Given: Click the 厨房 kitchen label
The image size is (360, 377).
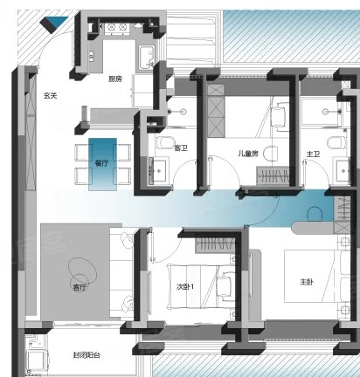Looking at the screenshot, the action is click(115, 79).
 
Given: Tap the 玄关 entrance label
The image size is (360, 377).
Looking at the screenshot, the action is click(51, 95).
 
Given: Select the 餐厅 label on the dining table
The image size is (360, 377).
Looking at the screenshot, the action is click(101, 163).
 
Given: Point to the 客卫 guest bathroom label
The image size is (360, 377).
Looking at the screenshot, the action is click(181, 148).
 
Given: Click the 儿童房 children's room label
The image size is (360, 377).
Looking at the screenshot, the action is click(248, 154).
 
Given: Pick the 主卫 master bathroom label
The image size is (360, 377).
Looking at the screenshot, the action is click(313, 154).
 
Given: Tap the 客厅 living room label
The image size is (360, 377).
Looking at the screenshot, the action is click(80, 288).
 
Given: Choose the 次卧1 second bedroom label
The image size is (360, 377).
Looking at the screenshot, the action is click(185, 287).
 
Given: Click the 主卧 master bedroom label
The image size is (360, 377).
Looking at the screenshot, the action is click(307, 282).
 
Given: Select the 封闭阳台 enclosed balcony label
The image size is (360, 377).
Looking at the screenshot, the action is click(87, 355).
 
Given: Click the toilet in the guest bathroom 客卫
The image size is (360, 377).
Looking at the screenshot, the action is click(164, 143).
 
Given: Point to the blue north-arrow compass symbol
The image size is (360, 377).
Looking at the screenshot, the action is click(54, 24).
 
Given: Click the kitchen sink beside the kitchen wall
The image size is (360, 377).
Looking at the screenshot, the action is click(145, 58).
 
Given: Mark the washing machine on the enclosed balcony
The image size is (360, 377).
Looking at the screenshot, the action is click(38, 360).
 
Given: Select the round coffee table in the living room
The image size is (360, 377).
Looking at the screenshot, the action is click(82, 272).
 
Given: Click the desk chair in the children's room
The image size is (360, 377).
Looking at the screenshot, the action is click(278, 116).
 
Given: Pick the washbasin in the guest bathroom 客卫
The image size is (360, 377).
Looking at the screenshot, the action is click(158, 170).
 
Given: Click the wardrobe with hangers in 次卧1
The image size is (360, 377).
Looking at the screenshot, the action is click(216, 243).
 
